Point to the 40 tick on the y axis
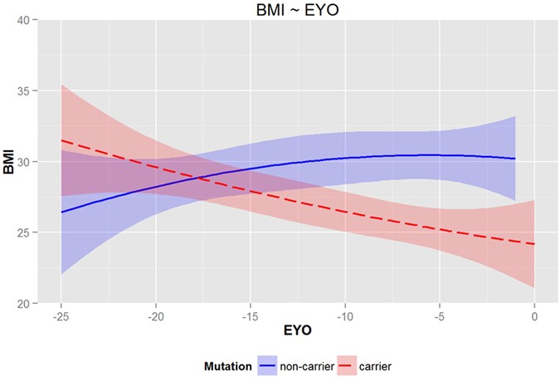[23, 19]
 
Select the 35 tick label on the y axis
[23, 90]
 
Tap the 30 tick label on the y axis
[23, 161]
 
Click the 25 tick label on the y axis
[23, 232]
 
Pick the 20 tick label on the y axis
[23, 304]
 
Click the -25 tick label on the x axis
[60, 317]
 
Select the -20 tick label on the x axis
[154, 317]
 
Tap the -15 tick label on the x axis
[250, 317]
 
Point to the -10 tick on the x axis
[344, 317]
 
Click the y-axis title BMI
[9, 161]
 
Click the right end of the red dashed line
[534, 244]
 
